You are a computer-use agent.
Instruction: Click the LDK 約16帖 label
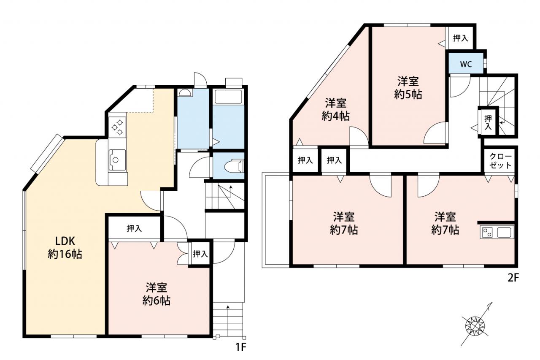(x=65, y=247)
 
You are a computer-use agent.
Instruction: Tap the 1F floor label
(x=240, y=347)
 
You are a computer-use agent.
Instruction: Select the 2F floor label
(x=513, y=278)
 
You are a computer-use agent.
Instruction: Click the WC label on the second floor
(x=466, y=64)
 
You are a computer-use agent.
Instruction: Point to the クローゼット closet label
(x=500, y=161)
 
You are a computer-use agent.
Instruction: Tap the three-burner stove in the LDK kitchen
(x=117, y=127)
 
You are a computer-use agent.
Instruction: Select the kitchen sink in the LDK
(x=117, y=160)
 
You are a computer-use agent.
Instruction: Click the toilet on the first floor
(x=234, y=166)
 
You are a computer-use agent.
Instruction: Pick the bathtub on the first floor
(x=228, y=97)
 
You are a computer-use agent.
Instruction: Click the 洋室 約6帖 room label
(x=157, y=294)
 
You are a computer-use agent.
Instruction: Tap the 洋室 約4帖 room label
(x=335, y=109)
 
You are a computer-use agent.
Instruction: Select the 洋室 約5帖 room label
(x=408, y=87)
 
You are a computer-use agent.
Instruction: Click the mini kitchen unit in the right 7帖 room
(x=497, y=232)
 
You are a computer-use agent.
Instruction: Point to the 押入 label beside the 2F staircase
(x=488, y=122)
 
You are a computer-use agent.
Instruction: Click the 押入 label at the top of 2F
(x=460, y=38)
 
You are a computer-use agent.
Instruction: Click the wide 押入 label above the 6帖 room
(x=134, y=228)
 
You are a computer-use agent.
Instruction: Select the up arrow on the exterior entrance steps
(x=228, y=321)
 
